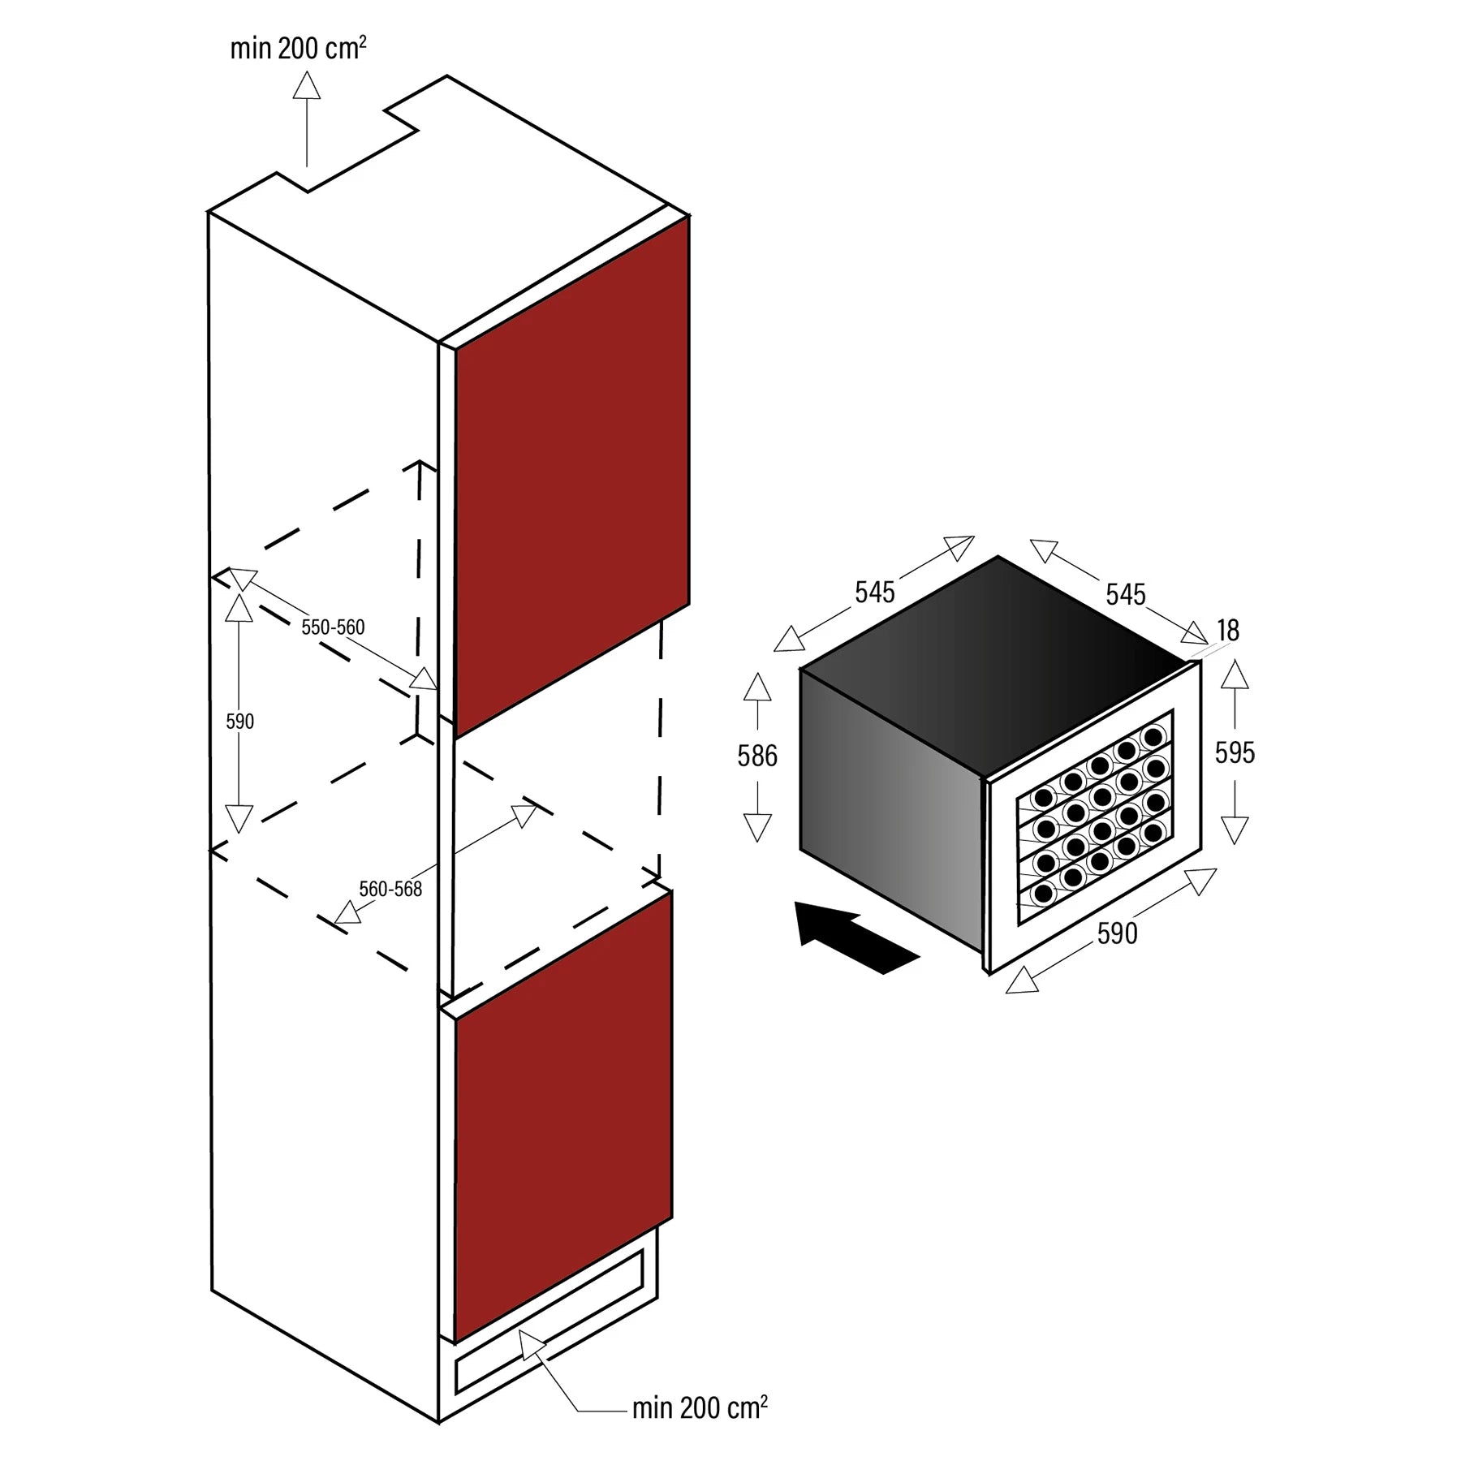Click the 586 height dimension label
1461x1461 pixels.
pyautogui.click(x=756, y=756)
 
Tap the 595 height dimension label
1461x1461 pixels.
pyautogui.click(x=1235, y=753)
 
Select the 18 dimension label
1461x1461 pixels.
pyautogui.click(x=1227, y=631)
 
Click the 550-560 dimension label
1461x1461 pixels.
pyautogui.click(x=333, y=627)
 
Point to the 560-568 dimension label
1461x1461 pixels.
pyautogui.click(x=390, y=890)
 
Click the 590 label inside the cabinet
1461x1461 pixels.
pyautogui.click(x=239, y=722)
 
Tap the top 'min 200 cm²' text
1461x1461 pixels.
pyautogui.click(x=298, y=49)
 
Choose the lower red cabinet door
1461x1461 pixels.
pyautogui.click(x=562, y=1120)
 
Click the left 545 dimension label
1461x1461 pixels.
pyautogui.click(x=874, y=593)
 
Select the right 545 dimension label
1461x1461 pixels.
pyautogui.click(x=1125, y=595)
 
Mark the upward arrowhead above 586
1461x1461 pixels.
pyautogui.click(x=756, y=687)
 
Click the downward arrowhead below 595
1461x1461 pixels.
pyautogui.click(x=1235, y=830)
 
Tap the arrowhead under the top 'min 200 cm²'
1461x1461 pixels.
pyautogui.click(x=307, y=85)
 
